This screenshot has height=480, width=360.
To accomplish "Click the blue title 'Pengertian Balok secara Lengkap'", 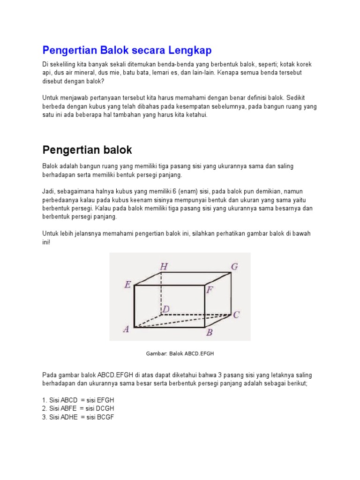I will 127,50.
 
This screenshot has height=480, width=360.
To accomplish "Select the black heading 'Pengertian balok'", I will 87,150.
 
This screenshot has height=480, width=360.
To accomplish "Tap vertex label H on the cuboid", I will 164,267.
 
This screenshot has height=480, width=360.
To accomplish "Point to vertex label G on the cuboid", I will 234,267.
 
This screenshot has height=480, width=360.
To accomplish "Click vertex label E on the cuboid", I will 127,284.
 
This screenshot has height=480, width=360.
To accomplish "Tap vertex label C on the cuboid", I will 236,315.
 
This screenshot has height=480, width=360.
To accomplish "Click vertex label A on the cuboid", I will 126,329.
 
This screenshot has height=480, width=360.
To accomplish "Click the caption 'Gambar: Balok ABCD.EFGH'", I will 180,353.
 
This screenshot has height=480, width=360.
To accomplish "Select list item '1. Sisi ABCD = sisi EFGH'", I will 78,400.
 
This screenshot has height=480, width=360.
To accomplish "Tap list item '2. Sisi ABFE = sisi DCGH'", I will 78,408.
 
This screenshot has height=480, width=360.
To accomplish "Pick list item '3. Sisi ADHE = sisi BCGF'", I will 78,416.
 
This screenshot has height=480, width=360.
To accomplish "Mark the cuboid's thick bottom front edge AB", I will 169,327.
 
